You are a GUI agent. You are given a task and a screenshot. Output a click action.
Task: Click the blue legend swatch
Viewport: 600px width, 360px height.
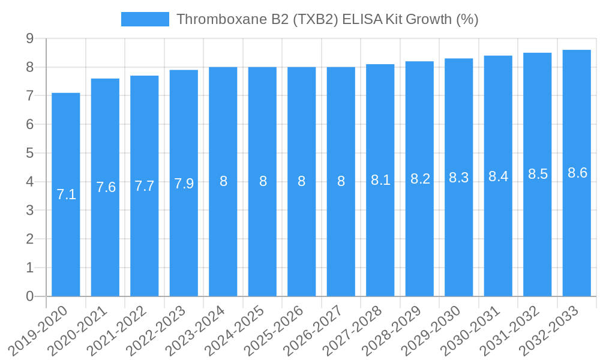coord(145,19)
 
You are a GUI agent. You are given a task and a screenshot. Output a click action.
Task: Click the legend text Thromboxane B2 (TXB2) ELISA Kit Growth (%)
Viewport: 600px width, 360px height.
coord(327,19)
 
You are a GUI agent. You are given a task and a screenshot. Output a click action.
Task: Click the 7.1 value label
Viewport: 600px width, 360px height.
coord(66,194)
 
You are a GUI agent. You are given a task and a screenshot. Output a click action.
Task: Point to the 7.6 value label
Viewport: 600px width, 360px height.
coord(106,187)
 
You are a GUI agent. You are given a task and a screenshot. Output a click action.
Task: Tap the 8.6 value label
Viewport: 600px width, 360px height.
coord(577,173)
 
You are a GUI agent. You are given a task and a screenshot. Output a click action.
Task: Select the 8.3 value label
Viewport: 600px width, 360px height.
coord(459,178)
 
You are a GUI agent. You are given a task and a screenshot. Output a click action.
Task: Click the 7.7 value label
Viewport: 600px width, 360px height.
coord(145,186)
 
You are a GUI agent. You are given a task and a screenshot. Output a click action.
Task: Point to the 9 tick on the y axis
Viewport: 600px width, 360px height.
coord(29,38)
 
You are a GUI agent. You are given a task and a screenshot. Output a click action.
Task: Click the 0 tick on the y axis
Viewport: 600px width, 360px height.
coord(29,296)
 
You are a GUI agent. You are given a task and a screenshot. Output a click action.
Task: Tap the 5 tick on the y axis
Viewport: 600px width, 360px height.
coord(29,153)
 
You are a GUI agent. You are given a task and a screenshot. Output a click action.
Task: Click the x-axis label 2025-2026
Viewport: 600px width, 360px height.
coord(275,330)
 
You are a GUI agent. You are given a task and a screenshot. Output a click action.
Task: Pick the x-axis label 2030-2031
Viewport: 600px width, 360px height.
coord(472,330)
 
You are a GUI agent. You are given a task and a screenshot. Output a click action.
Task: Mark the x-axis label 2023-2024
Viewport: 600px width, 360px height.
coord(197,330)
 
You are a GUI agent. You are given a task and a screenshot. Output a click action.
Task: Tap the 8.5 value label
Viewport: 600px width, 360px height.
coord(538,174)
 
